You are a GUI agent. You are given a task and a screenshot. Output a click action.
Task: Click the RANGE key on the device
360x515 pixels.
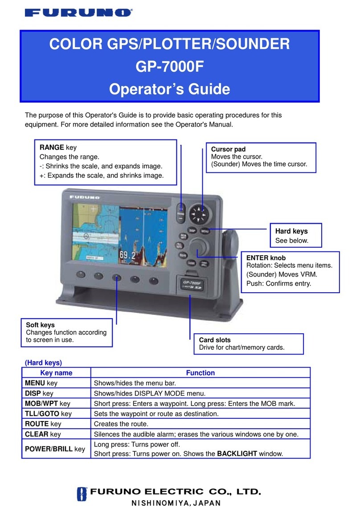coord(181,213)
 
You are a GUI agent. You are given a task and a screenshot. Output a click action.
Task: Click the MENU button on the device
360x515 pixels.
coord(205,231)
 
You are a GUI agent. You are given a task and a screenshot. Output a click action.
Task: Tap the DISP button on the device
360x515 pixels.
coord(192,231)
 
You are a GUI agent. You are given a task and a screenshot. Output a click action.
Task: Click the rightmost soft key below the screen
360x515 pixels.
coord(154,281)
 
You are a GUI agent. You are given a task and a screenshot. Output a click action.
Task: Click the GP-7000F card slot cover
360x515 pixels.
coord(192,285)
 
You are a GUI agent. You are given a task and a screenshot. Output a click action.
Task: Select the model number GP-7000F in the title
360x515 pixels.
coord(169,67)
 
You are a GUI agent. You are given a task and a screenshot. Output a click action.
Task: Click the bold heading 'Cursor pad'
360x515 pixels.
coord(228,149)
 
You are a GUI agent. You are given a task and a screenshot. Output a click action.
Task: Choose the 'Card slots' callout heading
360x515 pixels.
coord(215,339)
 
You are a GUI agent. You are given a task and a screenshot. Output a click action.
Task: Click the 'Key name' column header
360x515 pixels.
coord(56,373)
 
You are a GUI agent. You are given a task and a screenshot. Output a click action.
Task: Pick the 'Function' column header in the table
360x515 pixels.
coord(200,373)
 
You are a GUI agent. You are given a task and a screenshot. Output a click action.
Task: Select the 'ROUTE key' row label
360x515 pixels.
coord(43,424)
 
